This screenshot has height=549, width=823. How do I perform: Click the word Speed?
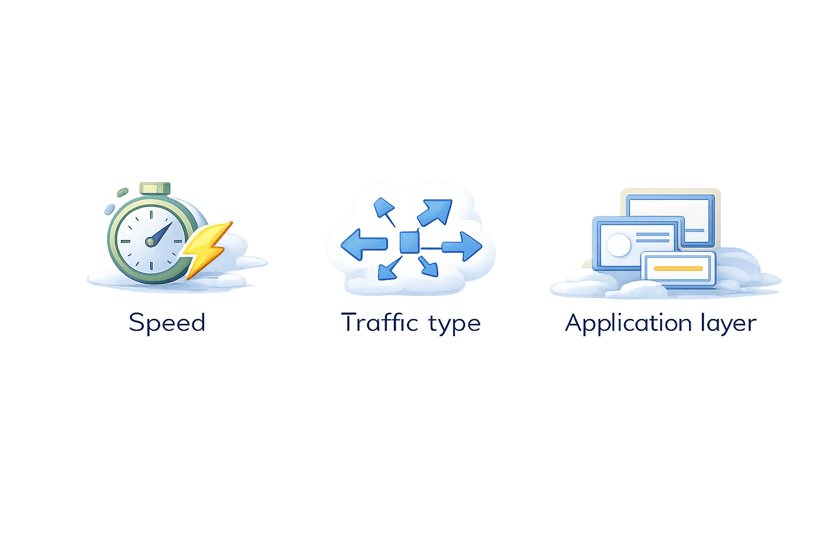(167, 322)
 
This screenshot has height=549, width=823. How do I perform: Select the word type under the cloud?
(454, 324)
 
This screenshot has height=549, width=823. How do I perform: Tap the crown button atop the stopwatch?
(154, 189)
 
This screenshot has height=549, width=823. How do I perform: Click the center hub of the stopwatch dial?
(151, 242)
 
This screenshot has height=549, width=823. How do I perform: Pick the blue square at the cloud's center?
(409, 242)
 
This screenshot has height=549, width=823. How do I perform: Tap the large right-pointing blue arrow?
(462, 247)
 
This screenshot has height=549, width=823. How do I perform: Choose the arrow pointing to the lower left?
(389, 268)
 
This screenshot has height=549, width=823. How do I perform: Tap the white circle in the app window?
(618, 245)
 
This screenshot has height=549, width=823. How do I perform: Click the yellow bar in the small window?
(678, 268)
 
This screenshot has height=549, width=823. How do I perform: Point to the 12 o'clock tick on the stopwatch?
(151, 214)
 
